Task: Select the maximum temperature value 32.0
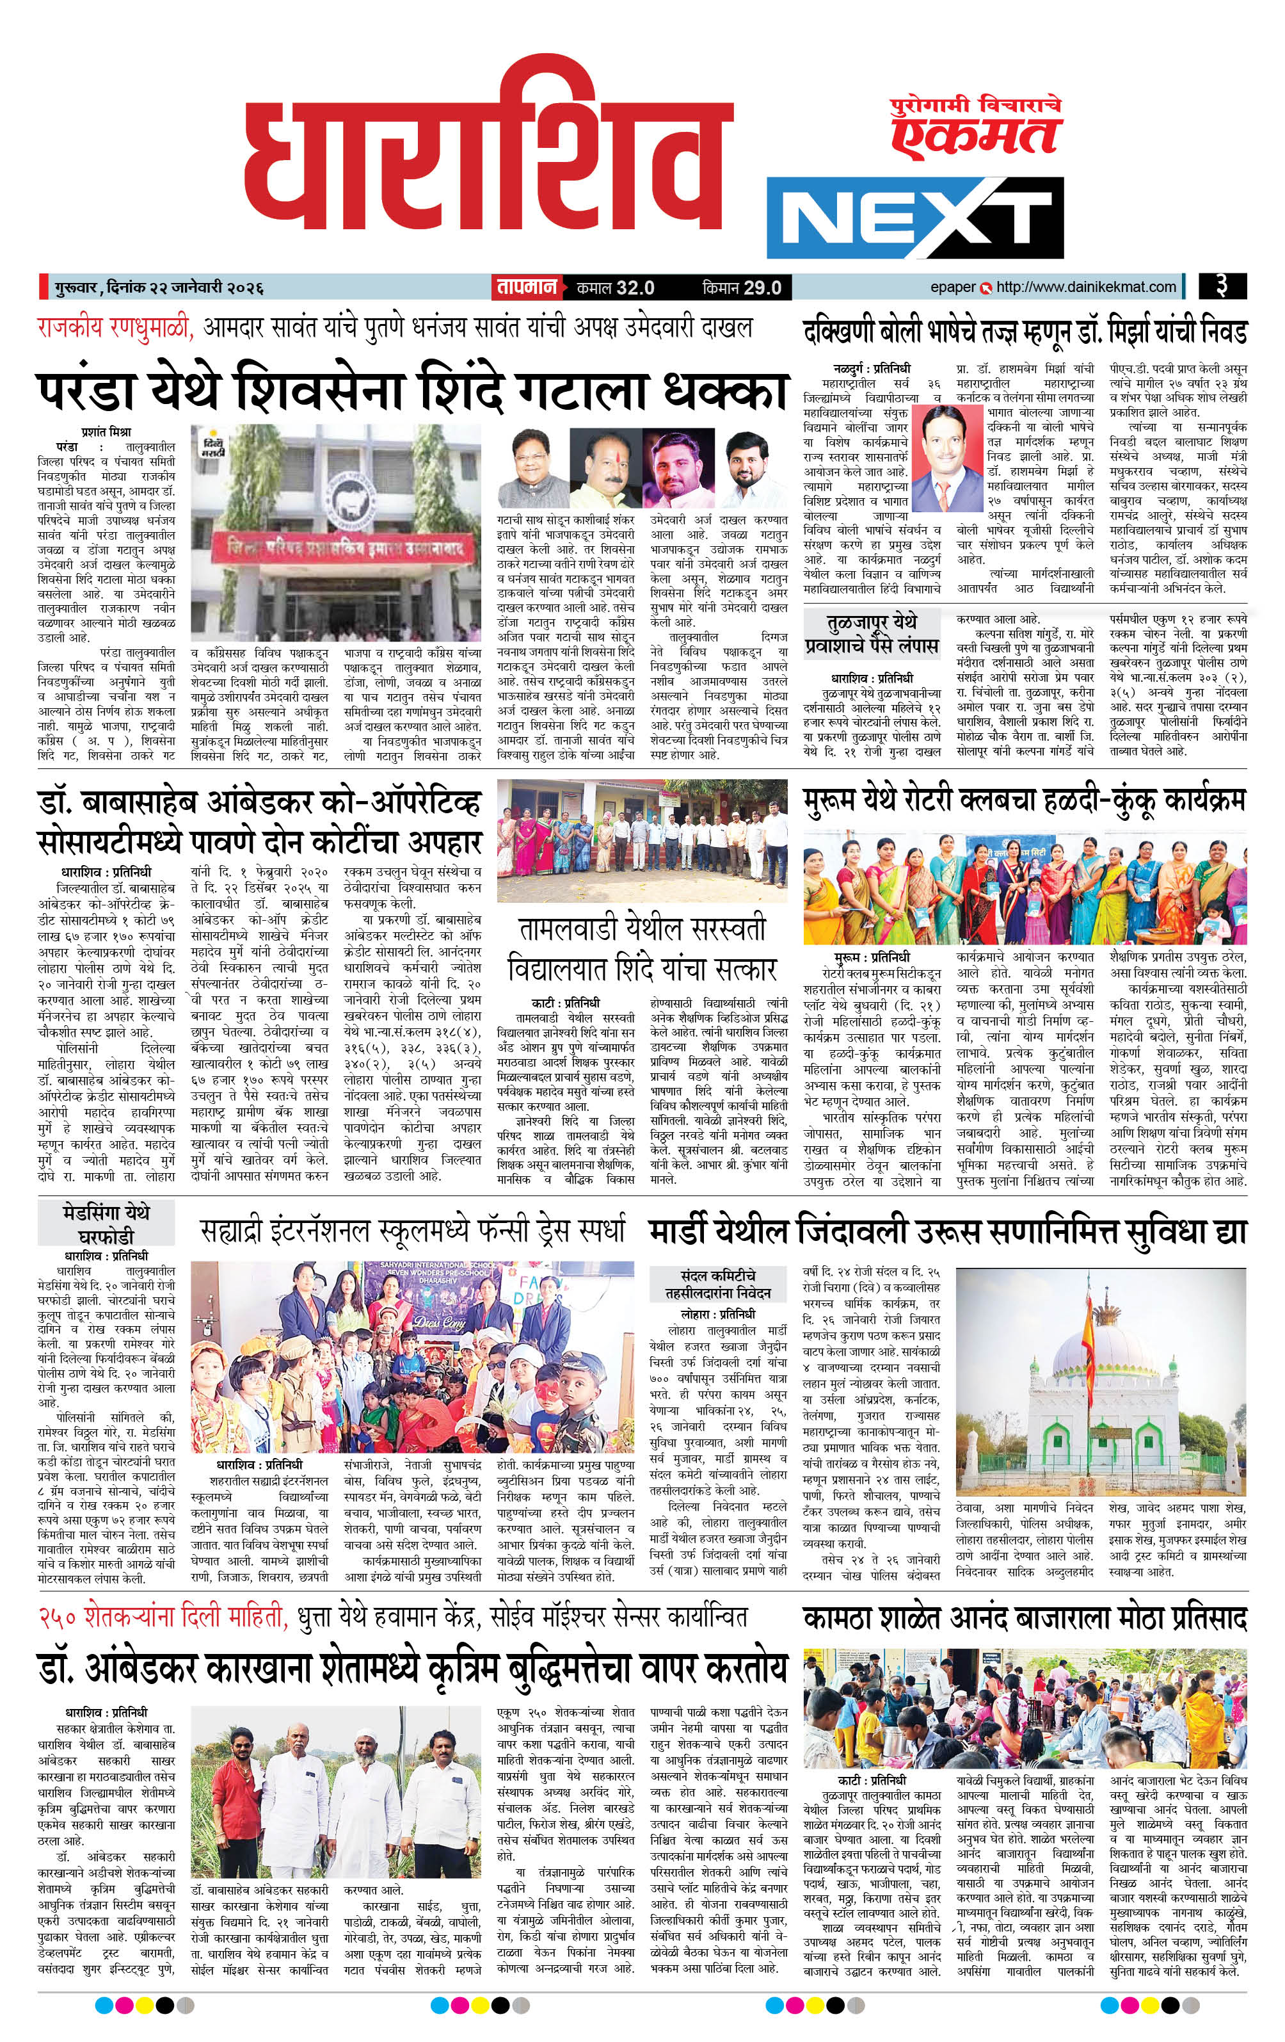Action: pos(635,288)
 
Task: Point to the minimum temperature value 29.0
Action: pos(762,288)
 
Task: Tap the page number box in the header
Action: pos(1222,287)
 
